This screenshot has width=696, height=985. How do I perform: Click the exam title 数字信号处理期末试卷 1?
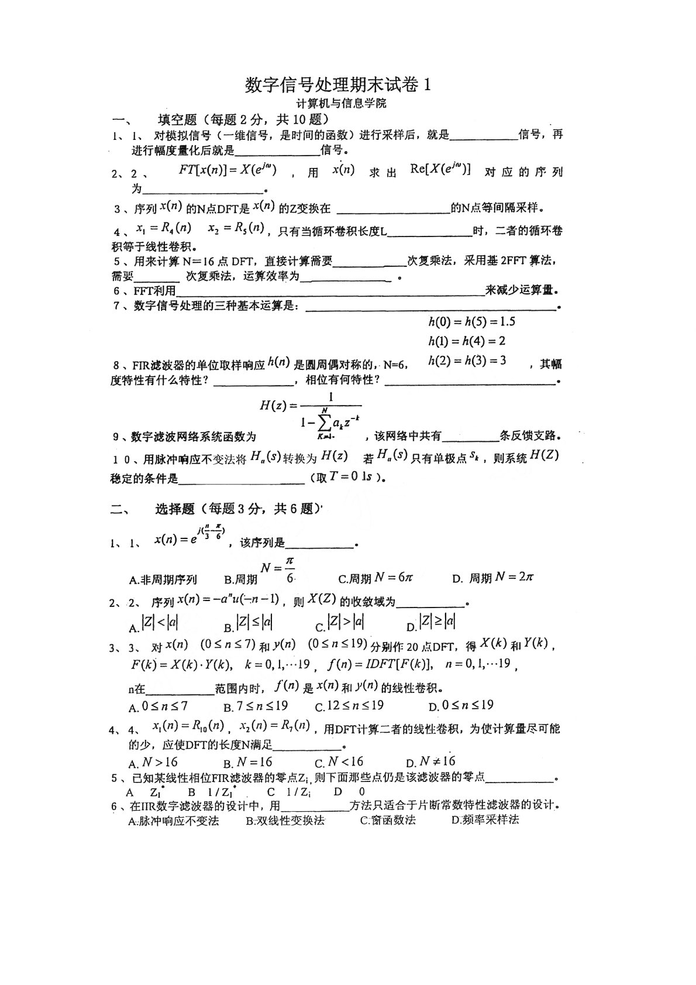(339, 85)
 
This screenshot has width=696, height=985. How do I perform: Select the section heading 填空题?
(178, 120)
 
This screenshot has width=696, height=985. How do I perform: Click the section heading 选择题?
(175, 509)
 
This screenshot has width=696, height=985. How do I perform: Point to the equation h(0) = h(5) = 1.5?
(471, 321)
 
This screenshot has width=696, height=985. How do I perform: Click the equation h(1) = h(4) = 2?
(467, 341)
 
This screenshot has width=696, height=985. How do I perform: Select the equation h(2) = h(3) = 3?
(467, 361)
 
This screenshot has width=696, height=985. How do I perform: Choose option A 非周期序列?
(163, 579)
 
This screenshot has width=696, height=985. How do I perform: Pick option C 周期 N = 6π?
(376, 578)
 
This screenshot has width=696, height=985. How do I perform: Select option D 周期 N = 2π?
(493, 578)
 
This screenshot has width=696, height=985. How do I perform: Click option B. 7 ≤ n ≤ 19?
(256, 706)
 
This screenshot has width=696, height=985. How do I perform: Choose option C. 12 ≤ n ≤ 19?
(349, 706)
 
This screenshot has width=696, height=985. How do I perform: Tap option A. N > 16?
(153, 763)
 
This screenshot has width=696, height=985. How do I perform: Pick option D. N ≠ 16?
(431, 762)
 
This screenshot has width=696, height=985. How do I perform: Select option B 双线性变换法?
(285, 821)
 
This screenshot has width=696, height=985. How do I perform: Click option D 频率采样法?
(485, 820)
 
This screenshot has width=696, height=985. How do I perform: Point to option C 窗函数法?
(388, 820)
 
